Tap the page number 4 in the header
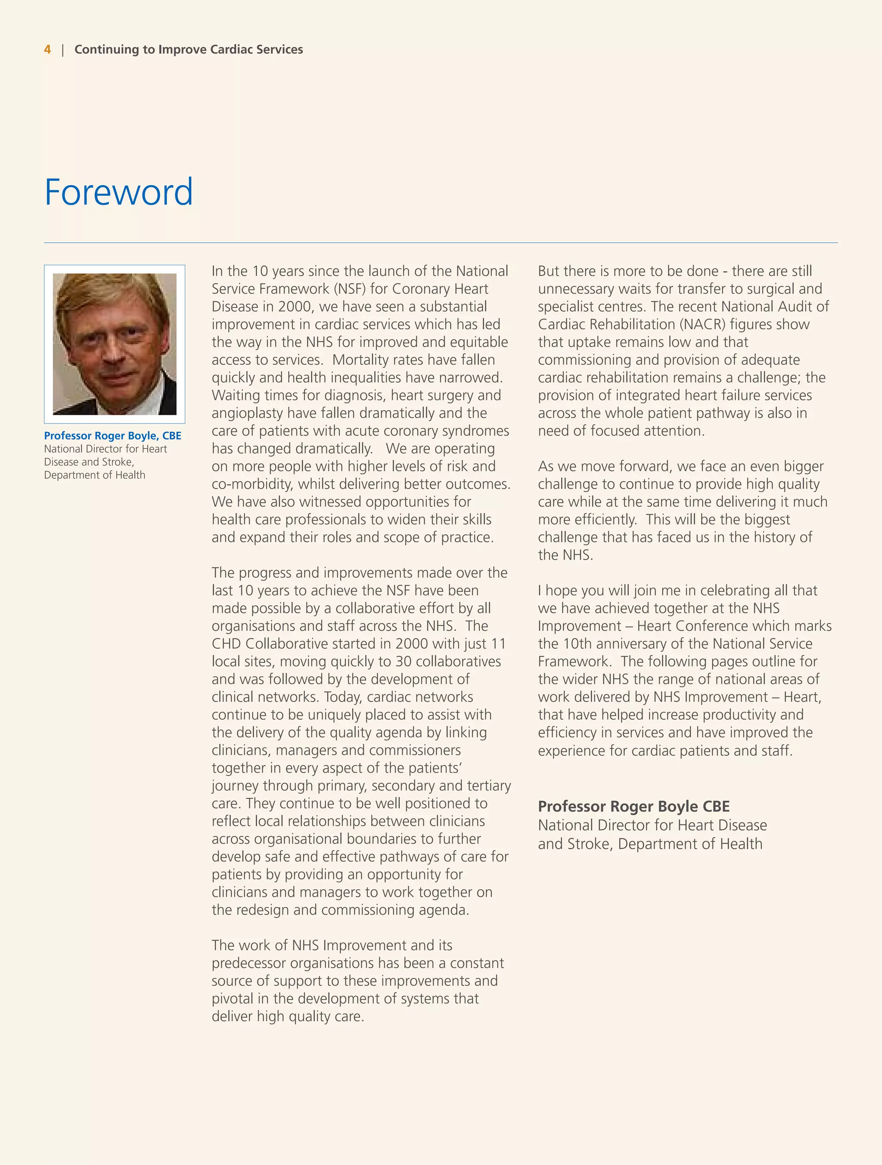point(47,50)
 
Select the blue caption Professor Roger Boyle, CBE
point(113,436)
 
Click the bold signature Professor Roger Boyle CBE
point(634,807)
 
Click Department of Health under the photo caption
point(95,475)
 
